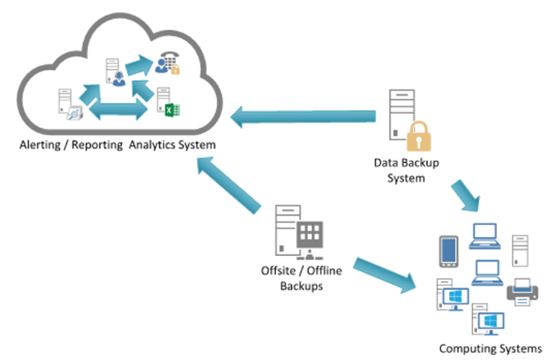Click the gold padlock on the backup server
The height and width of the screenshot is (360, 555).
[x=417, y=137]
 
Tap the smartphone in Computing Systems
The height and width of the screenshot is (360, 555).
[x=448, y=252]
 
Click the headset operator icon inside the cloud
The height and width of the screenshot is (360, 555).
[x=116, y=78]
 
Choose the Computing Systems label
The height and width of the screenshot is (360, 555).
[x=490, y=348]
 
